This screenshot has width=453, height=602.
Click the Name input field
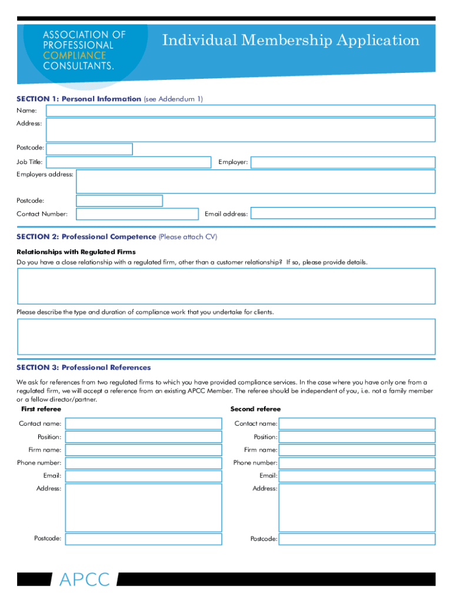241,111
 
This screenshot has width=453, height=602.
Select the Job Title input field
128,162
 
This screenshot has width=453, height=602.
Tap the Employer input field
343,162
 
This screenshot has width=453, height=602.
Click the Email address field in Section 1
343,213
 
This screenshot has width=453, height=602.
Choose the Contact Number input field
137,214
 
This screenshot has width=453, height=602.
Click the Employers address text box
255,182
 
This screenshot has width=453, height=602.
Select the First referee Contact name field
144,423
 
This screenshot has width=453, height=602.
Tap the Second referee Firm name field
357,450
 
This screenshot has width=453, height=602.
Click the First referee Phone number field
144,463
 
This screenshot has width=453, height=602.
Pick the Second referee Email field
357,476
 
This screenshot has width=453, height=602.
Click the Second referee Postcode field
357,539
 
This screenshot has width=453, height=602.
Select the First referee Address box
144,507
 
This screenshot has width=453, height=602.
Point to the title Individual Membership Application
291,41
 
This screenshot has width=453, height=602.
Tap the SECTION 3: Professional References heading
84,367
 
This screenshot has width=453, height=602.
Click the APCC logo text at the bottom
84,580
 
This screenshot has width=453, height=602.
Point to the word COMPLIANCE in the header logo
74,55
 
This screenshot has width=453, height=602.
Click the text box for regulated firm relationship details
226,286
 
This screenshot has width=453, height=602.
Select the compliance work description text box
226,336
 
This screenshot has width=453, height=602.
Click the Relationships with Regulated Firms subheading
76,252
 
